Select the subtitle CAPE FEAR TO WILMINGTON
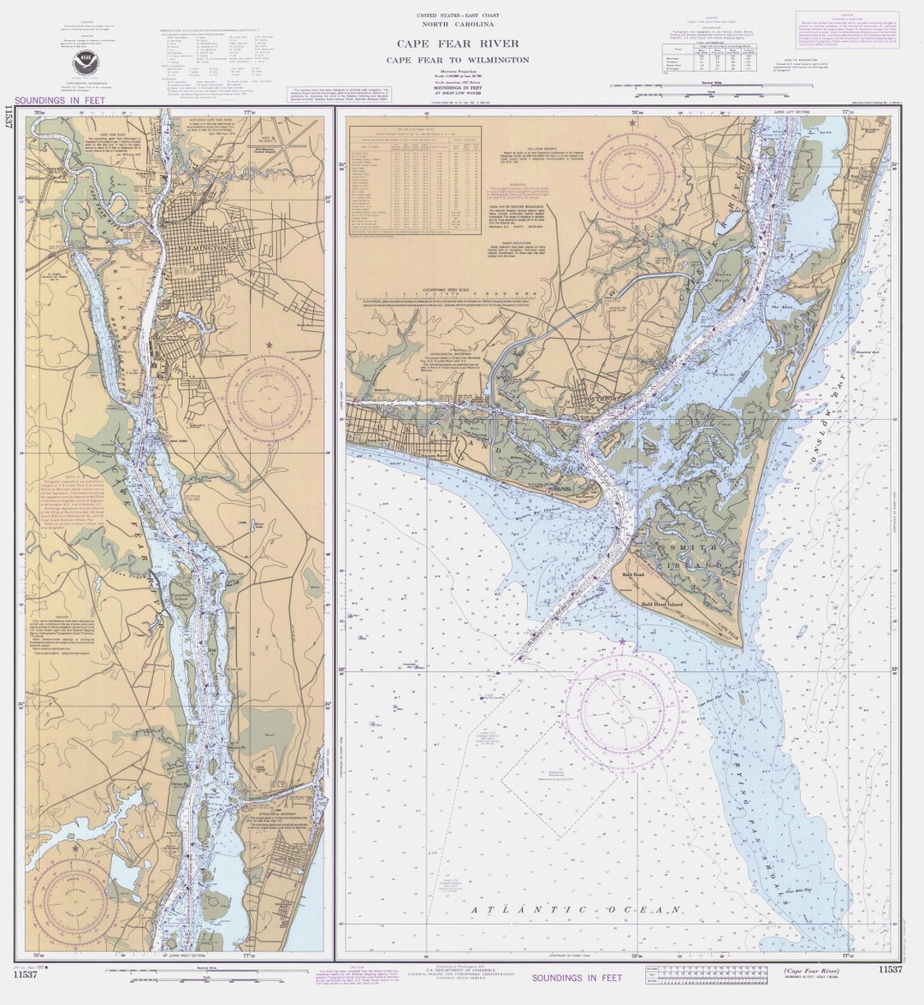pyautogui.click(x=457, y=60)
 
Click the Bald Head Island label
pyautogui.click(x=670, y=605)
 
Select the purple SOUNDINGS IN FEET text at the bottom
pyautogui.click(x=577, y=978)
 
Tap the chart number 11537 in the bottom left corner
pyautogui.click(x=26, y=974)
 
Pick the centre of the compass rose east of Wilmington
pyautogui.click(x=269, y=398)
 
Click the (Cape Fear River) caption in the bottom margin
pyautogui.click(x=810, y=971)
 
